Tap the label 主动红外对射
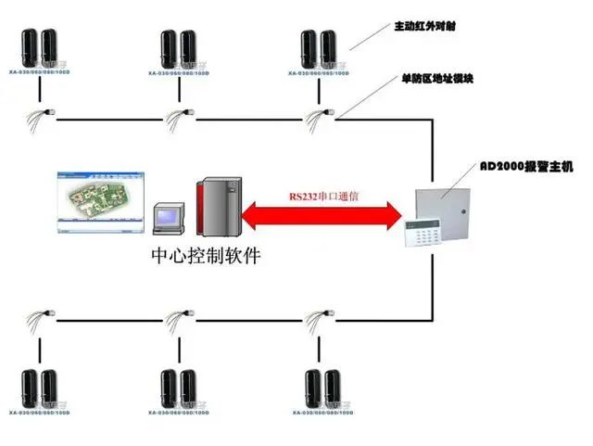click(430, 27)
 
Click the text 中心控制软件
click(207, 254)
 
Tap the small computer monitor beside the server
click(170, 219)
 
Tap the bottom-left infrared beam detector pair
click(39, 389)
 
